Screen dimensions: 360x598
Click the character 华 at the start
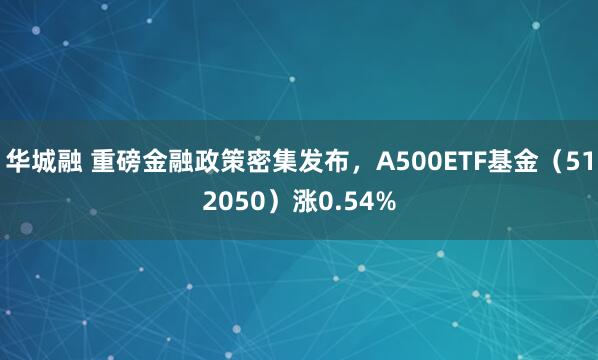click(x=18, y=160)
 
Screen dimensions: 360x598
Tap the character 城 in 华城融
click(x=43, y=160)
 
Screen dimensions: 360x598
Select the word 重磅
click(x=117, y=160)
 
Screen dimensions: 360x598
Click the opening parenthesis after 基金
click(x=541, y=160)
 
